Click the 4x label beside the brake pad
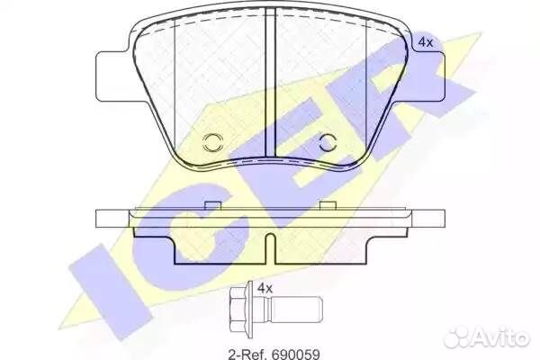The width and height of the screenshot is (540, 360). pyautogui.click(x=425, y=42)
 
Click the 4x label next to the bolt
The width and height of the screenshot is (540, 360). pyautogui.click(x=265, y=289)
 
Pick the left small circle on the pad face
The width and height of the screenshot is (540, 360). pyautogui.click(x=213, y=142)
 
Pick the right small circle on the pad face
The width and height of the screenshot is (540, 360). pyautogui.click(x=327, y=142)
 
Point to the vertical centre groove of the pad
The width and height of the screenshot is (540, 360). pyautogui.click(x=270, y=85)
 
